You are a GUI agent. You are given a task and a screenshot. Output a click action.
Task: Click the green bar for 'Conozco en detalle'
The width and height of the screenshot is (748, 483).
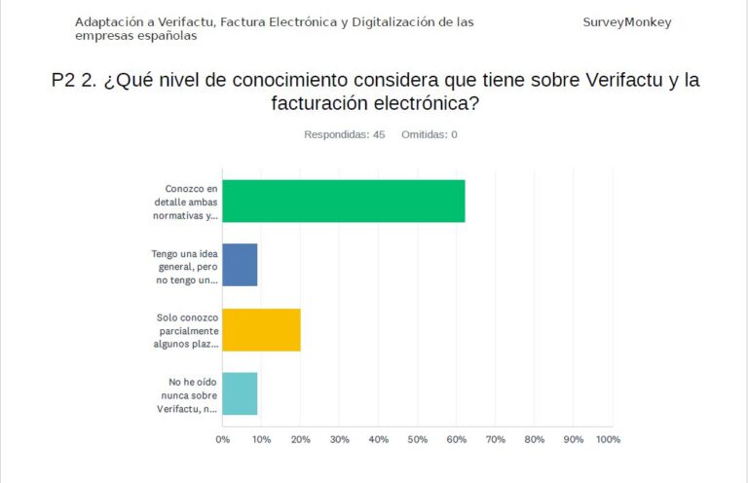point(343,202)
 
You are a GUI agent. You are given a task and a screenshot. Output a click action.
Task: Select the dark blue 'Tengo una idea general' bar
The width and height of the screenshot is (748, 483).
point(240,265)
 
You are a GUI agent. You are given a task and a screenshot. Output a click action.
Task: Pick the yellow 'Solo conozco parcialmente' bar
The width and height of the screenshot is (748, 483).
point(261,329)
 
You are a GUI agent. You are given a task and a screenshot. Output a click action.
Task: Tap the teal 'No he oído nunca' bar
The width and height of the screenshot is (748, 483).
point(240,393)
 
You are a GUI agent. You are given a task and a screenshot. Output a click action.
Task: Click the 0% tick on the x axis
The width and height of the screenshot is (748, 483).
point(223,440)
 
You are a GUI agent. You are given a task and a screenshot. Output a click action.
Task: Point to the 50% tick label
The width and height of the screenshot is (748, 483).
point(418,440)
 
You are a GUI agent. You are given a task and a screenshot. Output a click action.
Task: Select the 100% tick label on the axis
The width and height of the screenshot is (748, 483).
point(608,440)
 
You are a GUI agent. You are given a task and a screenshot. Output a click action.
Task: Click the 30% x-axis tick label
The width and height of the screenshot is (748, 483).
point(340,440)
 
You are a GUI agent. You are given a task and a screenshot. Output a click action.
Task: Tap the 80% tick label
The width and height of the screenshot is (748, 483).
point(534,440)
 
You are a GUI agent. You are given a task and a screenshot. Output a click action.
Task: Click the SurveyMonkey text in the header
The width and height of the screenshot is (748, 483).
point(627,22)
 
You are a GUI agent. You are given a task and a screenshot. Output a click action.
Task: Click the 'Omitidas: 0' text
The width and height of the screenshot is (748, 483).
point(430,134)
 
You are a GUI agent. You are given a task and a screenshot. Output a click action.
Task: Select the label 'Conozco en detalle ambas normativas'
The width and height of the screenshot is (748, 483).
point(192,202)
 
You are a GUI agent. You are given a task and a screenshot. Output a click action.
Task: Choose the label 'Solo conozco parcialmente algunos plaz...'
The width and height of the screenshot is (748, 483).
point(188,330)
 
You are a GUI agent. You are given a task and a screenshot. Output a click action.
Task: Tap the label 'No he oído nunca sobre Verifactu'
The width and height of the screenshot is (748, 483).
point(188,394)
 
